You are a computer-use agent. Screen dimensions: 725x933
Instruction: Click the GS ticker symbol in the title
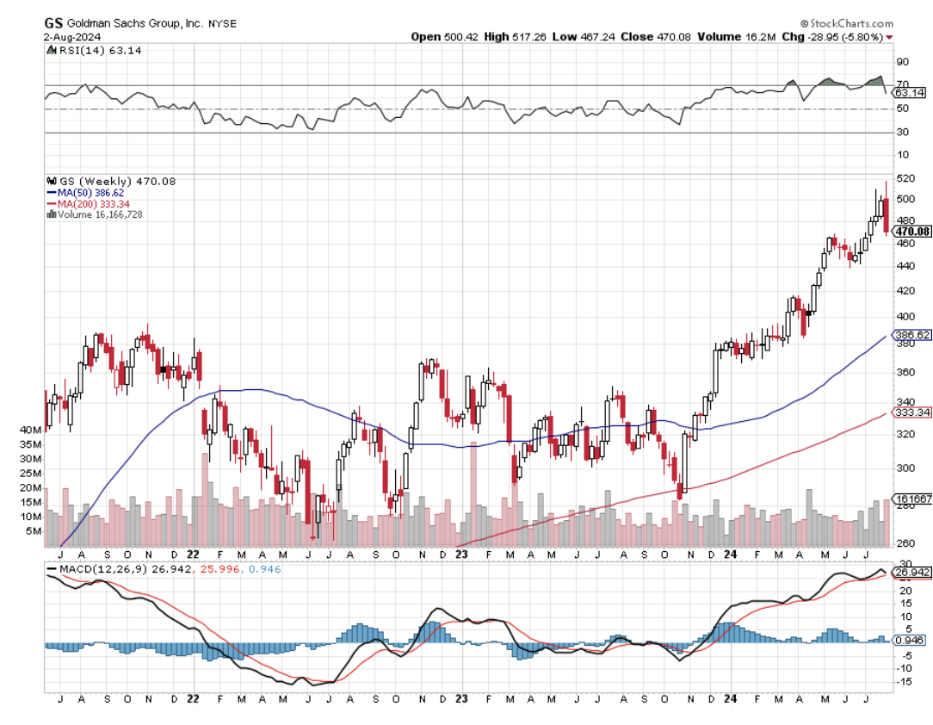(53, 23)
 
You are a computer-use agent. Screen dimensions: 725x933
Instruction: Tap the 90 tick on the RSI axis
(903, 62)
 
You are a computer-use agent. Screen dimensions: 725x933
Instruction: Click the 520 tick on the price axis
(904, 178)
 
